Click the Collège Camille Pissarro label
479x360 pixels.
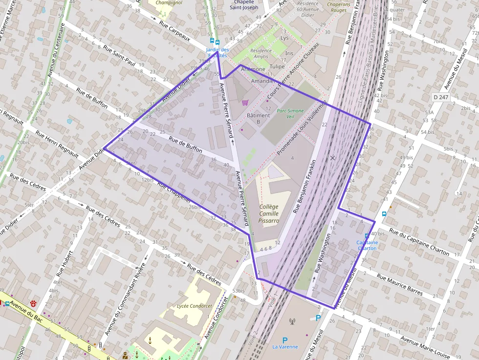(269, 213)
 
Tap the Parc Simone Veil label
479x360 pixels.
(290, 114)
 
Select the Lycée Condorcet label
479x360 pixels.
(195, 306)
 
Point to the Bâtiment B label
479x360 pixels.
(258, 118)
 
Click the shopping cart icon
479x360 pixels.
(245, 102)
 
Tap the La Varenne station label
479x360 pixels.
(285, 347)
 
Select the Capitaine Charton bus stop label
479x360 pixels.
(367, 245)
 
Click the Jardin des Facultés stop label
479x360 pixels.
(218, 52)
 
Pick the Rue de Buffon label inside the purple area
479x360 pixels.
(185, 145)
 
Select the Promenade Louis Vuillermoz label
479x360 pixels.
(301, 128)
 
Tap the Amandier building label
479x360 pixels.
(263, 81)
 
